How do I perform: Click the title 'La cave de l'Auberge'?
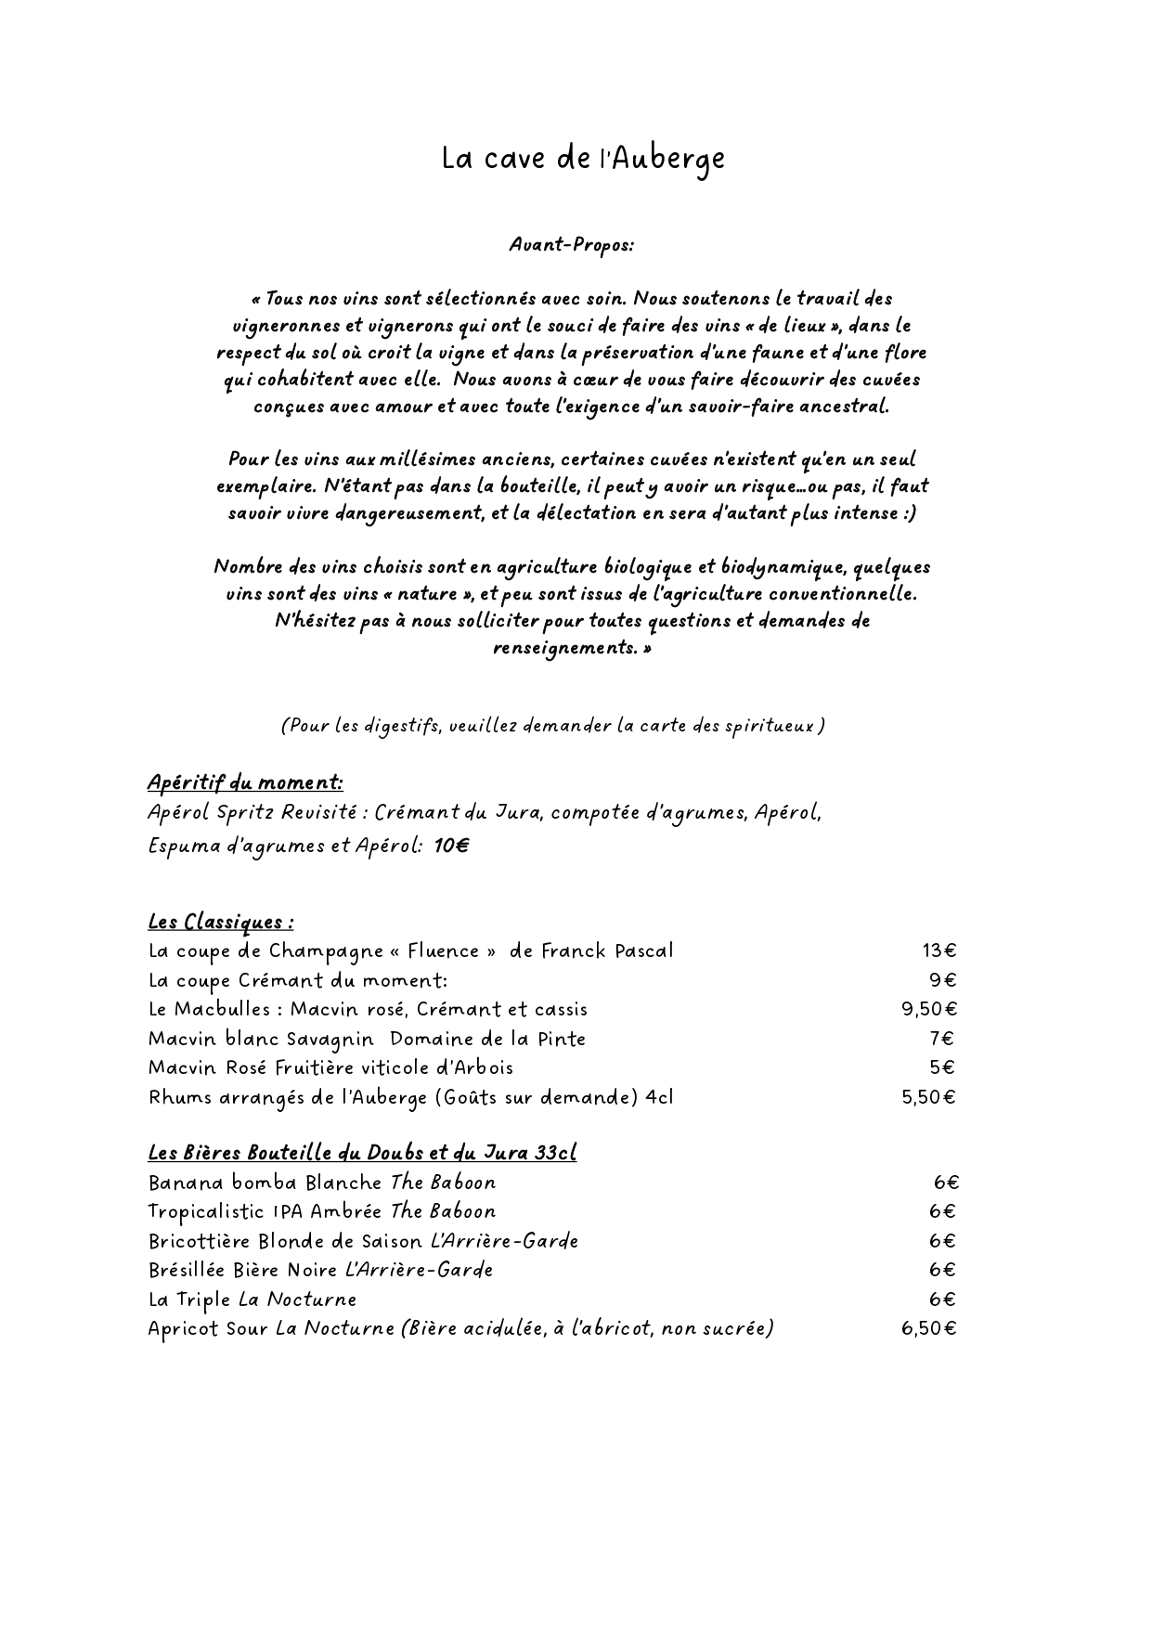pos(582,159)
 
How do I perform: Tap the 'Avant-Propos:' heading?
pos(571,245)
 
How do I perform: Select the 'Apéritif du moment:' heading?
pos(245,783)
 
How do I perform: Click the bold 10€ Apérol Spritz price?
pos(451,846)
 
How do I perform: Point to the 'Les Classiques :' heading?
pos(221,922)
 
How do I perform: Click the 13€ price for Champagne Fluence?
pos(938,950)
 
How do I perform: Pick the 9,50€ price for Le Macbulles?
pos(929,1009)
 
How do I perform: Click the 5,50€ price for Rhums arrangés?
pos(928,1097)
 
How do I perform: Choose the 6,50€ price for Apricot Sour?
pos(928,1328)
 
